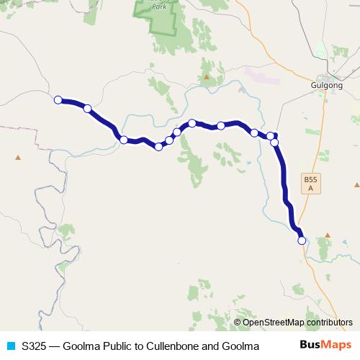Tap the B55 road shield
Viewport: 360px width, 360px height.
310,184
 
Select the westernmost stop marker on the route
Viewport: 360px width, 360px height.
58,100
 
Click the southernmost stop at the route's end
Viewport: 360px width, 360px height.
302,240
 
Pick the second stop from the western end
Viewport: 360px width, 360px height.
88,109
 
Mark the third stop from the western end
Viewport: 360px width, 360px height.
124,140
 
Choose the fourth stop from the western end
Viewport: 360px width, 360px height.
158,147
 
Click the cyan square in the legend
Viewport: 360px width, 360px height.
11,346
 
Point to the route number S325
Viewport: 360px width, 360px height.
34,346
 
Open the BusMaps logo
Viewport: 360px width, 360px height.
326,346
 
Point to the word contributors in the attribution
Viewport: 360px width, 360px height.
330,323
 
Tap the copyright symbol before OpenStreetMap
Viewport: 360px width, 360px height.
237,323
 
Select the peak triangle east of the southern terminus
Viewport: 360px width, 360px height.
328,235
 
